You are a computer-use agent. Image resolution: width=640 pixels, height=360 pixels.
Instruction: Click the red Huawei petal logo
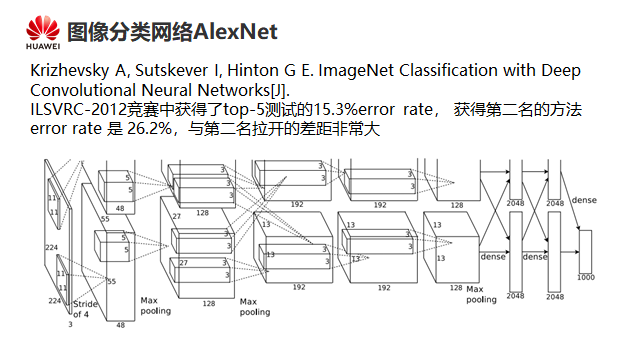pyautogui.click(x=43, y=28)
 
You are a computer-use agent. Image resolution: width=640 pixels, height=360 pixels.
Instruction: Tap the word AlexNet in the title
pyautogui.click(x=236, y=32)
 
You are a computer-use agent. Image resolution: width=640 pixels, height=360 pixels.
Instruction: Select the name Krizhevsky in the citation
pyautogui.click(x=70, y=71)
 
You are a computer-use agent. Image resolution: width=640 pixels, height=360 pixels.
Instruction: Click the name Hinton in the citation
pyautogui.click(x=251, y=70)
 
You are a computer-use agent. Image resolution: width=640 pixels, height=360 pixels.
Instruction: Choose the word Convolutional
pyautogui.click(x=83, y=90)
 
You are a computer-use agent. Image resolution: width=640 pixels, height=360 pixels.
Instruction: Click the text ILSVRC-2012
pyautogui.click(x=78, y=109)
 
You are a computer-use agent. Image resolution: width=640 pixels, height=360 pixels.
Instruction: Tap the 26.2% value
pyautogui.click(x=149, y=129)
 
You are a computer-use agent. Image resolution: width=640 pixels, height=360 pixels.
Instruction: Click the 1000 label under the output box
pyautogui.click(x=586, y=278)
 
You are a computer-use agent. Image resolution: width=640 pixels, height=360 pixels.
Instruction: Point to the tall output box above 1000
pyautogui.click(x=585, y=251)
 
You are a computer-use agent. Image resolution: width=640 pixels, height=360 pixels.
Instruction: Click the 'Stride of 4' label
pyautogui.click(x=85, y=309)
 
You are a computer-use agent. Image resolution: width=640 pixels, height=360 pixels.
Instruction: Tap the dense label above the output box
pyautogui.click(x=584, y=200)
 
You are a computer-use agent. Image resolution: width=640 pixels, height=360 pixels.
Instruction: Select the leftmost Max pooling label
pyautogui.click(x=156, y=306)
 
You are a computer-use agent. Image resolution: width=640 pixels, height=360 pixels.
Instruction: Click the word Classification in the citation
pyautogui.click(x=448, y=70)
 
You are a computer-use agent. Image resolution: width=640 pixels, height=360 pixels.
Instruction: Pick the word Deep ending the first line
pyautogui.click(x=561, y=71)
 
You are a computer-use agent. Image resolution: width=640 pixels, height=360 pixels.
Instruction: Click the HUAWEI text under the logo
pyautogui.click(x=43, y=46)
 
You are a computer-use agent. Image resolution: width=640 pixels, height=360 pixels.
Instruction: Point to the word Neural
pyautogui.click(x=167, y=90)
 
